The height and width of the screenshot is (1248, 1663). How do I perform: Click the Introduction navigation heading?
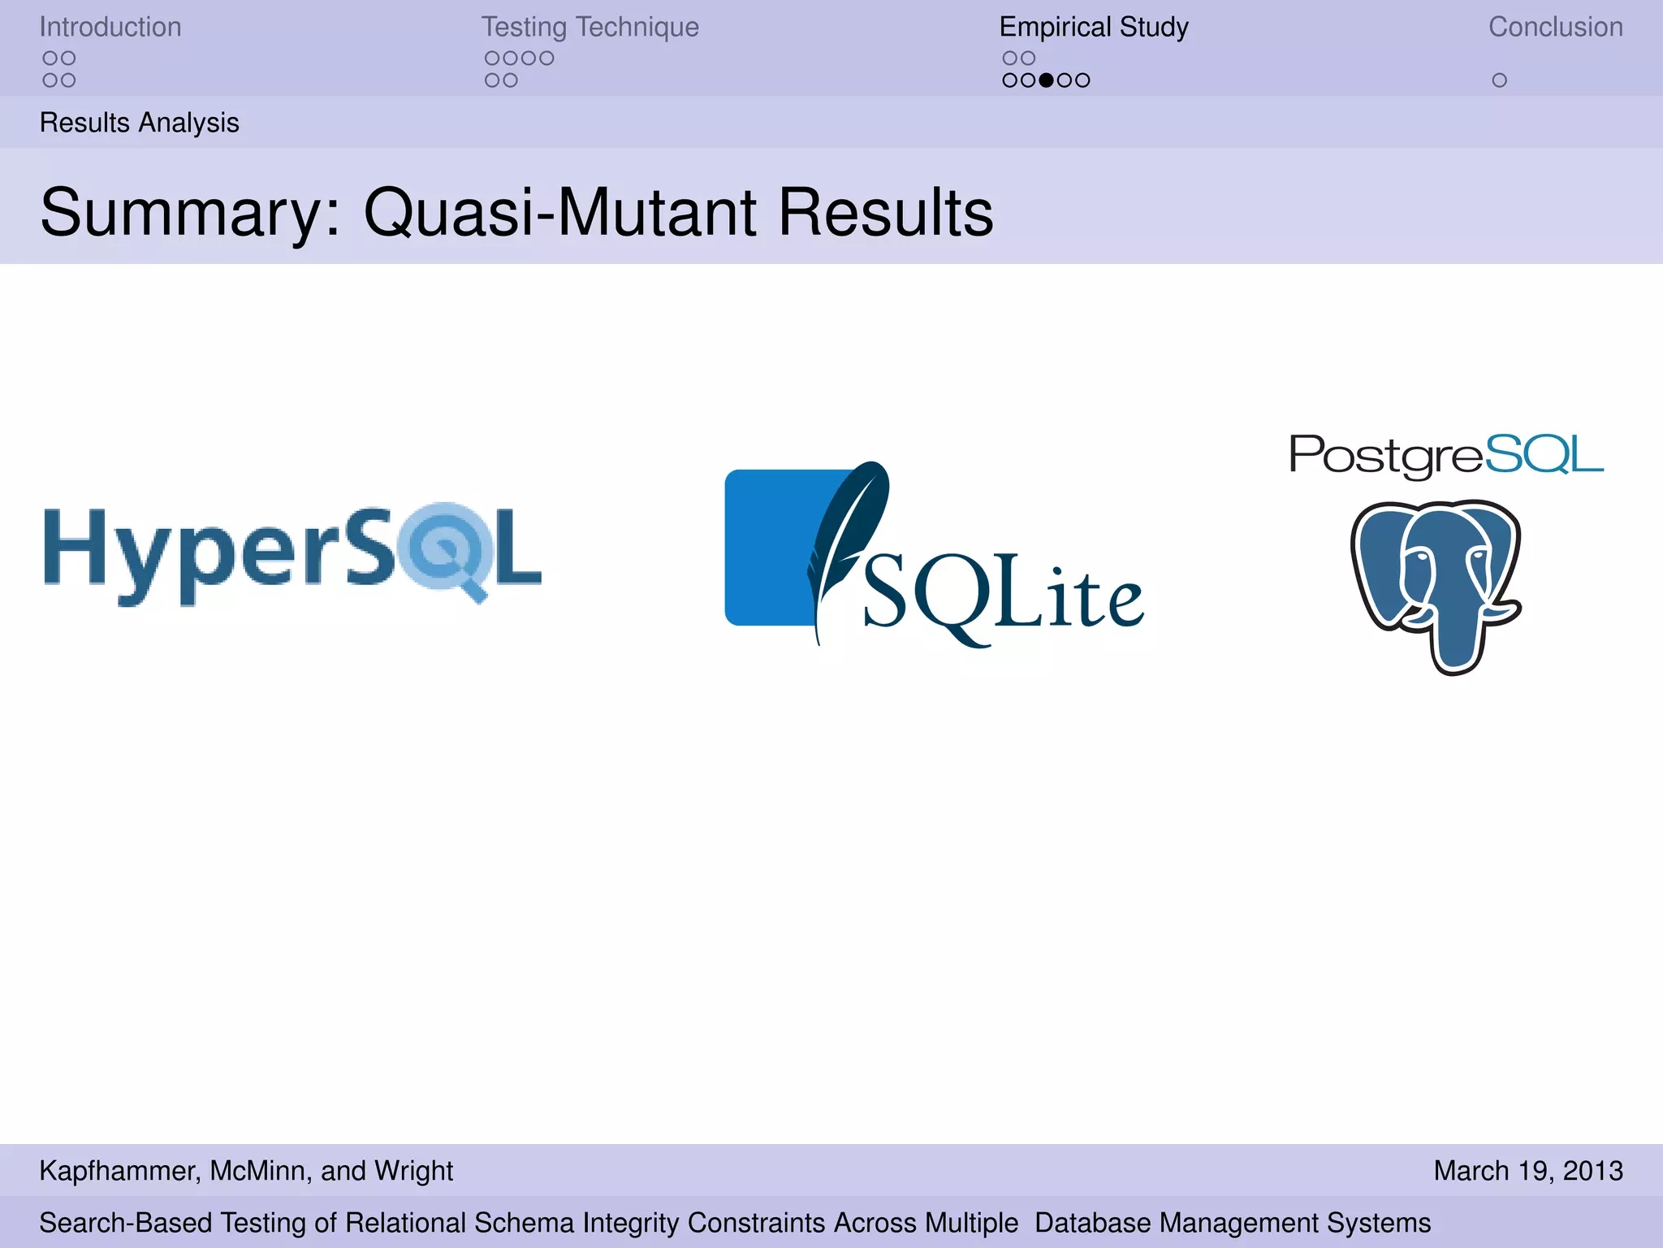coord(110,28)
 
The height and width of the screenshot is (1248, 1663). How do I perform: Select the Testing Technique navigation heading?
coord(590,28)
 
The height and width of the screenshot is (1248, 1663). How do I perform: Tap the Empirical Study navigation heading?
coord(1093,28)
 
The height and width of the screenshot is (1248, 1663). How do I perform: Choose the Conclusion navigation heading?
coord(1555,28)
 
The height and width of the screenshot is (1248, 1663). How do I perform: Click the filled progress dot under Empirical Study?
coord(1046,80)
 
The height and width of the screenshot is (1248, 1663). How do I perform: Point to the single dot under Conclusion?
coord(1499,80)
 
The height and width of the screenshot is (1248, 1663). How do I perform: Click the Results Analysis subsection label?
coord(139,123)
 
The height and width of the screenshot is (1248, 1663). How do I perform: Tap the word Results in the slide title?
coord(886,213)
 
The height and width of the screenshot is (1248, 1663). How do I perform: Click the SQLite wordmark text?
coord(1003,597)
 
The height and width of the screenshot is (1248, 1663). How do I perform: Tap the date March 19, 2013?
coord(1527,1171)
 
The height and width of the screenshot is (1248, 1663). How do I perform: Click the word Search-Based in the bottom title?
coord(125,1223)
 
